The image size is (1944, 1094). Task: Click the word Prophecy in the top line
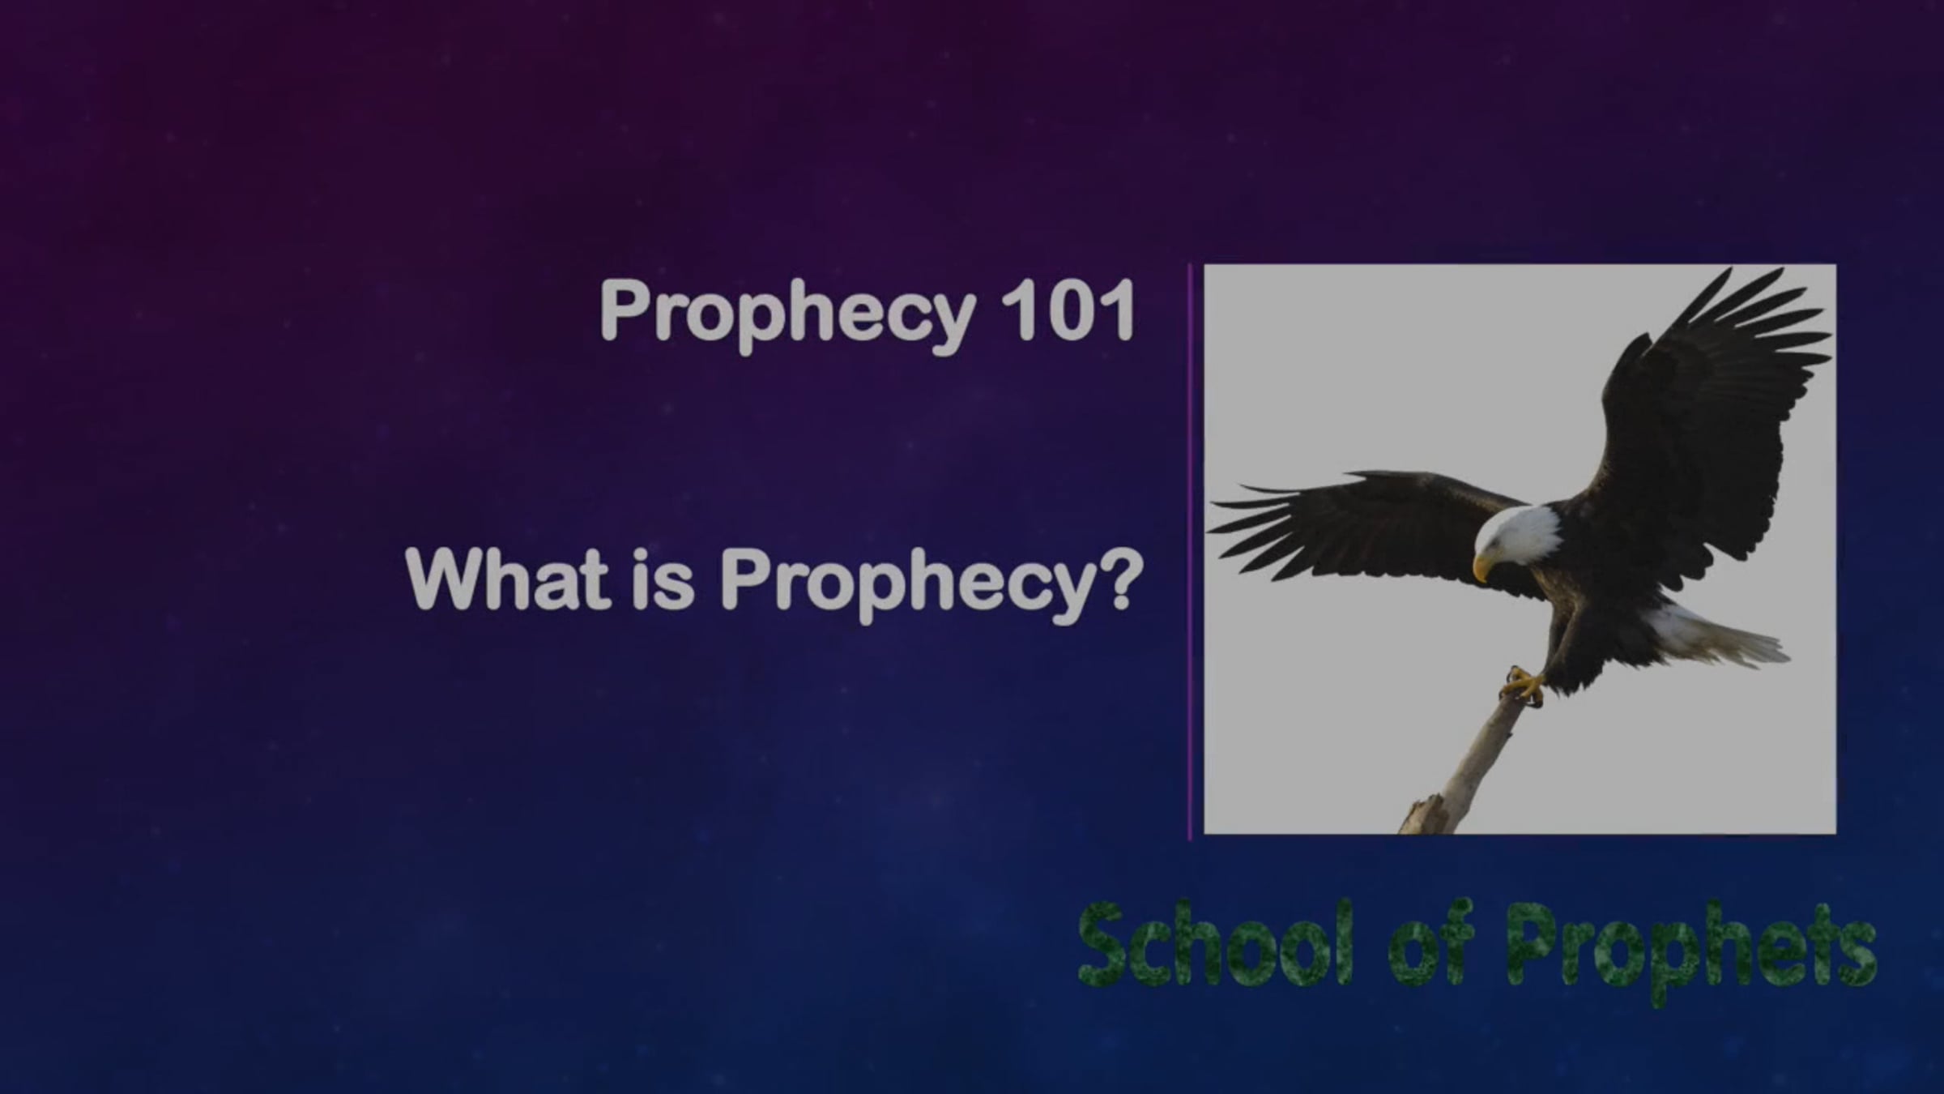[787, 313]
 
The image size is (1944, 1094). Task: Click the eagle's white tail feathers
[1717, 636]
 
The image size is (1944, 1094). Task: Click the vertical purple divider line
[1190, 552]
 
